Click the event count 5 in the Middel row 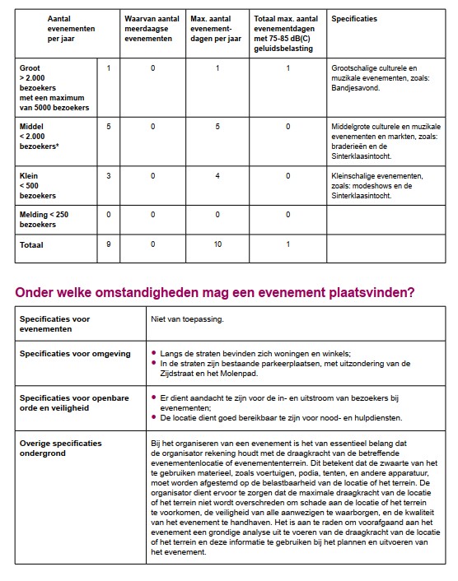(x=108, y=126)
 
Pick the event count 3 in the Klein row (x=108, y=175)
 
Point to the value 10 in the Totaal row (x=217, y=244)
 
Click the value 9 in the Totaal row (x=108, y=244)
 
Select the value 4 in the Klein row (x=217, y=175)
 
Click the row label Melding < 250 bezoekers (x=44, y=219)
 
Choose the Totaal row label (x=34, y=244)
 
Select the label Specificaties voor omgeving (x=75, y=354)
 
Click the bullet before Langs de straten (x=154, y=354)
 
